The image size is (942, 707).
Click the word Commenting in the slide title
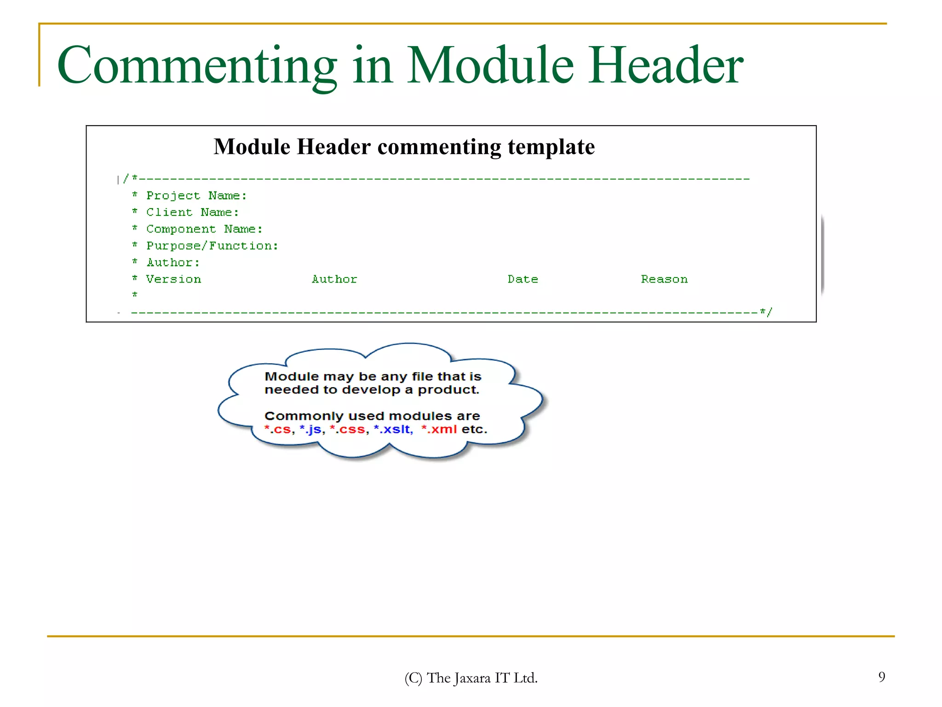pos(197,66)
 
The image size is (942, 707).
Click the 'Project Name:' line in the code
pos(196,196)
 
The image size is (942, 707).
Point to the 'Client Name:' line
pos(192,212)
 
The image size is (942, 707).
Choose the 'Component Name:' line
pos(204,229)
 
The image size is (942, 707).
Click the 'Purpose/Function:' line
pos(212,246)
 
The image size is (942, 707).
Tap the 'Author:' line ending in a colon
pos(173,262)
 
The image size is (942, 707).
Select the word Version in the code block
pos(173,279)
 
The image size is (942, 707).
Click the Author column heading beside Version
pos(334,279)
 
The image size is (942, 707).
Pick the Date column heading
pos(523,279)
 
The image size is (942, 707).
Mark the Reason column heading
pos(664,279)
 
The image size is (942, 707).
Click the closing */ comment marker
pos(766,312)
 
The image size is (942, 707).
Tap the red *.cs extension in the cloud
pos(278,429)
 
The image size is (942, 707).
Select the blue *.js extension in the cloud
pos(310,429)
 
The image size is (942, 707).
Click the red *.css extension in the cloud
pos(348,429)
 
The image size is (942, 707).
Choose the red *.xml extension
pos(439,429)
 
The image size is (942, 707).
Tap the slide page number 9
pos(881,677)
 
